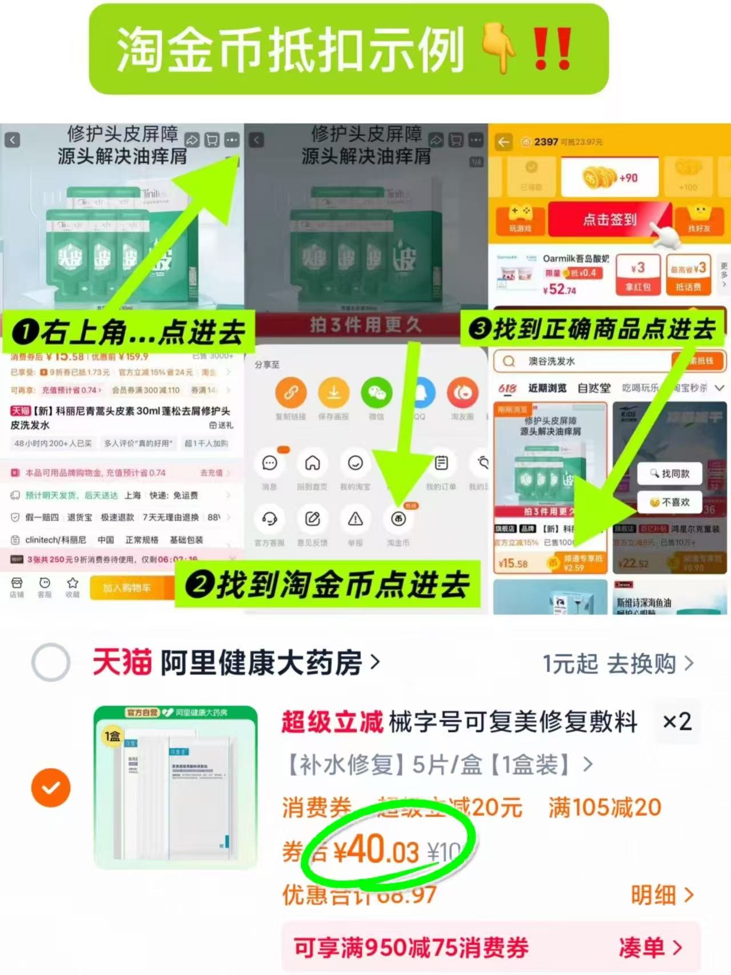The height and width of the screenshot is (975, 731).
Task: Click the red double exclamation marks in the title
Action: [x=552, y=49]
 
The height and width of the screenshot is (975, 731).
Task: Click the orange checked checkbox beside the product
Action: [x=51, y=788]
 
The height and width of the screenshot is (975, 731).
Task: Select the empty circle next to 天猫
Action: [x=51, y=662]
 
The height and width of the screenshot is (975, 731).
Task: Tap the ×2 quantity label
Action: [x=677, y=721]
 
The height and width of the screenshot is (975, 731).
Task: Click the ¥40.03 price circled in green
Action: [x=376, y=850]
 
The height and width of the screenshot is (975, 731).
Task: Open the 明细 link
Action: [x=662, y=895]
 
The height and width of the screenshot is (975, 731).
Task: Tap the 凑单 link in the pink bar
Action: [x=650, y=948]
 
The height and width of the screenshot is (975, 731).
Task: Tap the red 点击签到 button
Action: [x=609, y=219]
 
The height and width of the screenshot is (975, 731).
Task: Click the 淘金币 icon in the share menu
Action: [x=398, y=519]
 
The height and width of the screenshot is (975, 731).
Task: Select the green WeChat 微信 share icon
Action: [x=376, y=393]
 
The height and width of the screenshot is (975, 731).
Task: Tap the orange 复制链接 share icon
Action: [x=290, y=393]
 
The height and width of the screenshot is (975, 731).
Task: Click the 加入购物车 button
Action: [x=126, y=588]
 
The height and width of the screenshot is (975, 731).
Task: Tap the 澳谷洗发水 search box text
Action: [x=551, y=361]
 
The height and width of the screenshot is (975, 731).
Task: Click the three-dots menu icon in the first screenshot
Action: [x=232, y=140]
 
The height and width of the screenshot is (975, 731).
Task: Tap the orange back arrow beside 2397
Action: [x=504, y=142]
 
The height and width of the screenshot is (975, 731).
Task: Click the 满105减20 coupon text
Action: [x=604, y=808]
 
